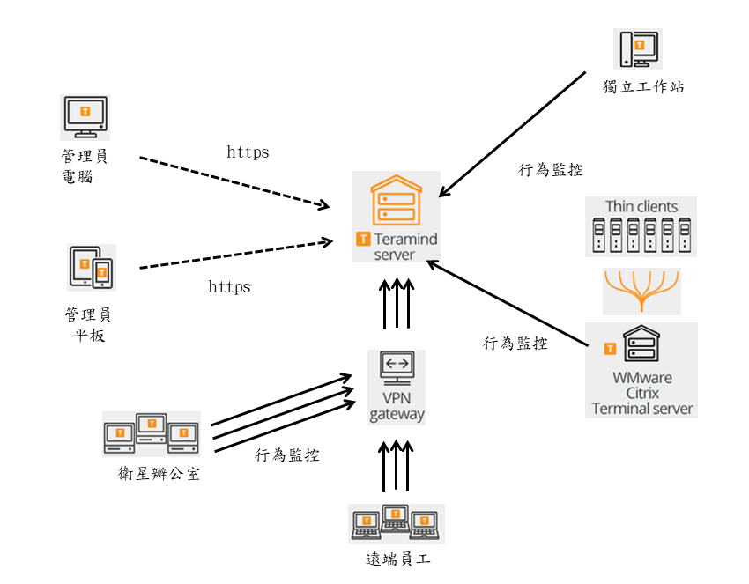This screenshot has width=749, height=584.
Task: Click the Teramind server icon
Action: (396, 200)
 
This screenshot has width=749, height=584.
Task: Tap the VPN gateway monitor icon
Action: (397, 367)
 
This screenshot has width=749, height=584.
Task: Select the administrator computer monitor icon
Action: (85, 116)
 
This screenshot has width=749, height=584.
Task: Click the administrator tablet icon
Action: (92, 267)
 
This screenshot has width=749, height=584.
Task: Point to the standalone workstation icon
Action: (638, 48)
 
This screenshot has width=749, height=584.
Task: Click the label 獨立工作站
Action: (643, 86)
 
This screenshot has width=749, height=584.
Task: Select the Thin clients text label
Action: (641, 207)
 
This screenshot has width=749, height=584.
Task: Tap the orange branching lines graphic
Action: (641, 292)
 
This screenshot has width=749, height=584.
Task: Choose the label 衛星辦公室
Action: (159, 474)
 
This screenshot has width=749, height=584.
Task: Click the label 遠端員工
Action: (398, 559)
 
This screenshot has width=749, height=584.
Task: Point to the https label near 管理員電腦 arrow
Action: (248, 152)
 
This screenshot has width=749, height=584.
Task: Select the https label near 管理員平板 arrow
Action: (229, 287)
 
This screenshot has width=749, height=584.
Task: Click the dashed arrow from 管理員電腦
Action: (234, 182)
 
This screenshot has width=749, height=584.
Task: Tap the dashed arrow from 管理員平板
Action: (234, 253)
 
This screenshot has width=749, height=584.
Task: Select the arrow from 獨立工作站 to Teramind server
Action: (512, 132)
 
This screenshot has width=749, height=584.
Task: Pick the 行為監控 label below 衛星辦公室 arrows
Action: (287, 455)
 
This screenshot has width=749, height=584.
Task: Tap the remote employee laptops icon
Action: (396, 523)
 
